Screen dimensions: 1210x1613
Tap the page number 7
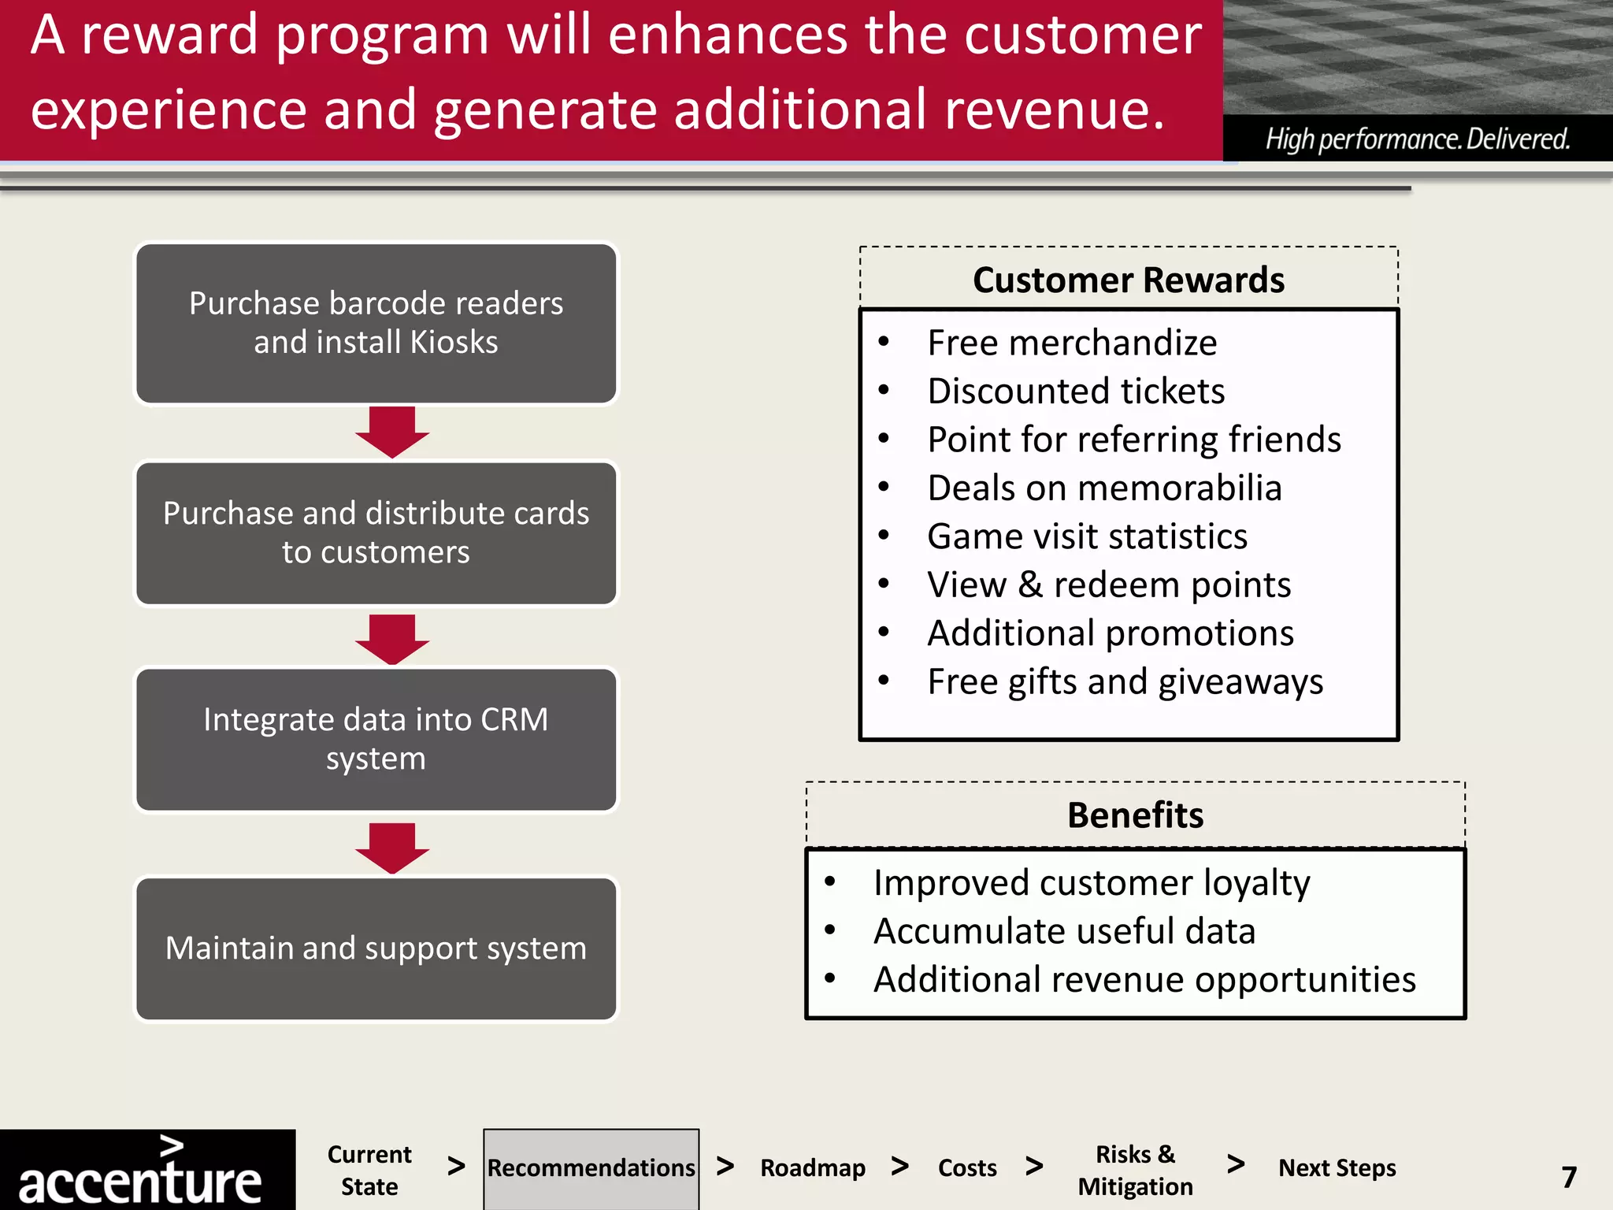tap(1569, 1177)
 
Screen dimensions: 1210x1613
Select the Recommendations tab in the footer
tap(591, 1168)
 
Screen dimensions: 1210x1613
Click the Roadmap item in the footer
tap(812, 1168)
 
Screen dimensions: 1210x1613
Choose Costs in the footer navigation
tap(966, 1168)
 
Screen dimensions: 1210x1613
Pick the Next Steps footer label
tap(1337, 1168)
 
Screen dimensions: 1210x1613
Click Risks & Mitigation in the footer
tap(1135, 1171)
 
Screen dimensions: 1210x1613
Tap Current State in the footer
tap(369, 1171)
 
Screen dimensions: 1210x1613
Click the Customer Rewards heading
tap(1128, 280)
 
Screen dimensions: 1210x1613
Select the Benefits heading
tap(1135, 815)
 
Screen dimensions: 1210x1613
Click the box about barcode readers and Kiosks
tap(376, 323)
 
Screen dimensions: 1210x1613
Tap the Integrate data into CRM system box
tap(376, 739)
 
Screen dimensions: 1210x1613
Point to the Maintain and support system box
tap(376, 948)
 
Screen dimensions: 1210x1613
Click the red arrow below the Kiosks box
tap(391, 432)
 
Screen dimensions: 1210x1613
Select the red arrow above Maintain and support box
tap(391, 848)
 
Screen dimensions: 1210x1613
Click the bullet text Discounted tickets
tap(1076, 392)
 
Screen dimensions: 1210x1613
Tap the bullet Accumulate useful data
tap(1064, 932)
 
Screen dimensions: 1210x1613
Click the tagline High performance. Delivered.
tap(1417, 139)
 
